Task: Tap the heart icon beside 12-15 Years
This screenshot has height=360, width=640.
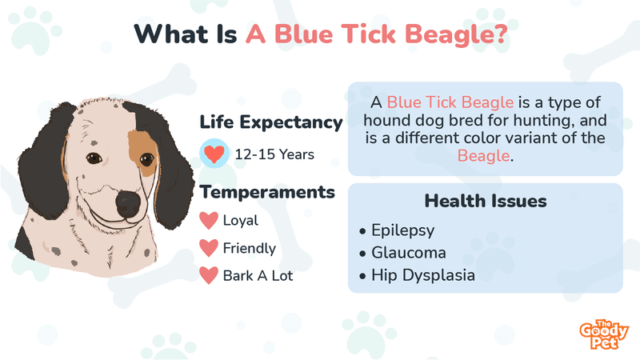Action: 214,154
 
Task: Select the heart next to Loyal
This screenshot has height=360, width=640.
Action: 209,221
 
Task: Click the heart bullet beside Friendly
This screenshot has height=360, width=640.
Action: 209,248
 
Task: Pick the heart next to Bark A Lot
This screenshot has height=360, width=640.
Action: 209,275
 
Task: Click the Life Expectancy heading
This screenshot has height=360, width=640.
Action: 271,123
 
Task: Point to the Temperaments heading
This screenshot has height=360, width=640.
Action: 267,192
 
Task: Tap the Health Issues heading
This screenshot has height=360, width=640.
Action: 486,202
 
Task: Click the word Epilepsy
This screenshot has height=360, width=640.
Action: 402,230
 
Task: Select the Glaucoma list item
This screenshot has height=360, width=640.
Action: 408,253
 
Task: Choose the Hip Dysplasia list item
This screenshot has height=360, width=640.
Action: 423,275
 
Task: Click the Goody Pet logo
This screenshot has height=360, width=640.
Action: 604,334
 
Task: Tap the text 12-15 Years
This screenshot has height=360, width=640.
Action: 274,154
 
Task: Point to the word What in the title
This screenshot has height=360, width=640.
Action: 171,34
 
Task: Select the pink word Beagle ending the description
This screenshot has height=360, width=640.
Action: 483,156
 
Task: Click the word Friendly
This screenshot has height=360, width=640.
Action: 250,248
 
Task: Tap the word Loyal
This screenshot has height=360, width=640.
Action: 241,221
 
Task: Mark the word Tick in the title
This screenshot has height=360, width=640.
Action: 369,34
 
